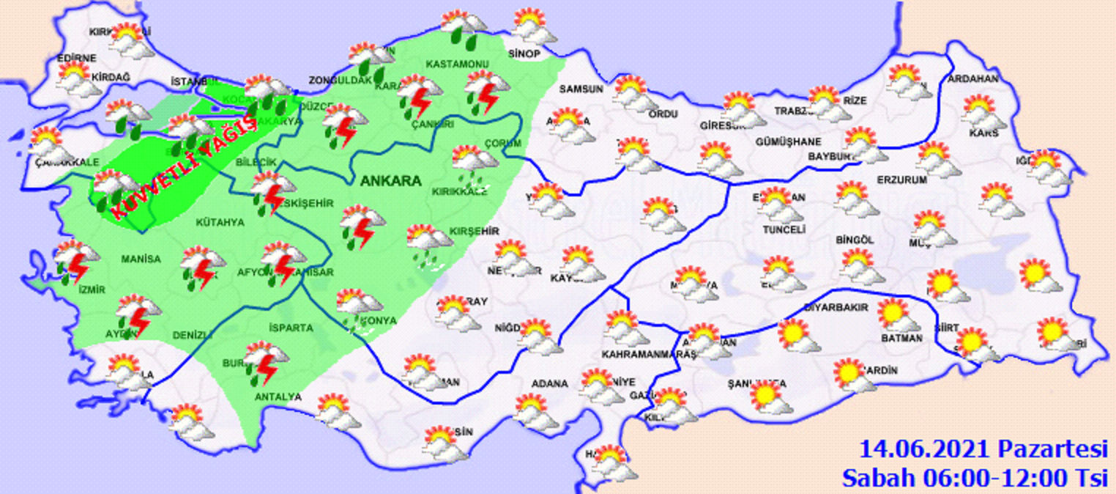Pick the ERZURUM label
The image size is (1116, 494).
click(902, 179)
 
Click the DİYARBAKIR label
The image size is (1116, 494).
click(836, 307)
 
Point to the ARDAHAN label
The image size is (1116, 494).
click(973, 79)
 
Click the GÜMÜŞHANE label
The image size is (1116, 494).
click(789, 141)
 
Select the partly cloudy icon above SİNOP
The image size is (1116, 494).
click(533, 26)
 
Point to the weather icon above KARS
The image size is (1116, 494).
click(983, 111)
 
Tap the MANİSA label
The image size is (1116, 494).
click(141, 258)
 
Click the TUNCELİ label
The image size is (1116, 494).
click(784, 229)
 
